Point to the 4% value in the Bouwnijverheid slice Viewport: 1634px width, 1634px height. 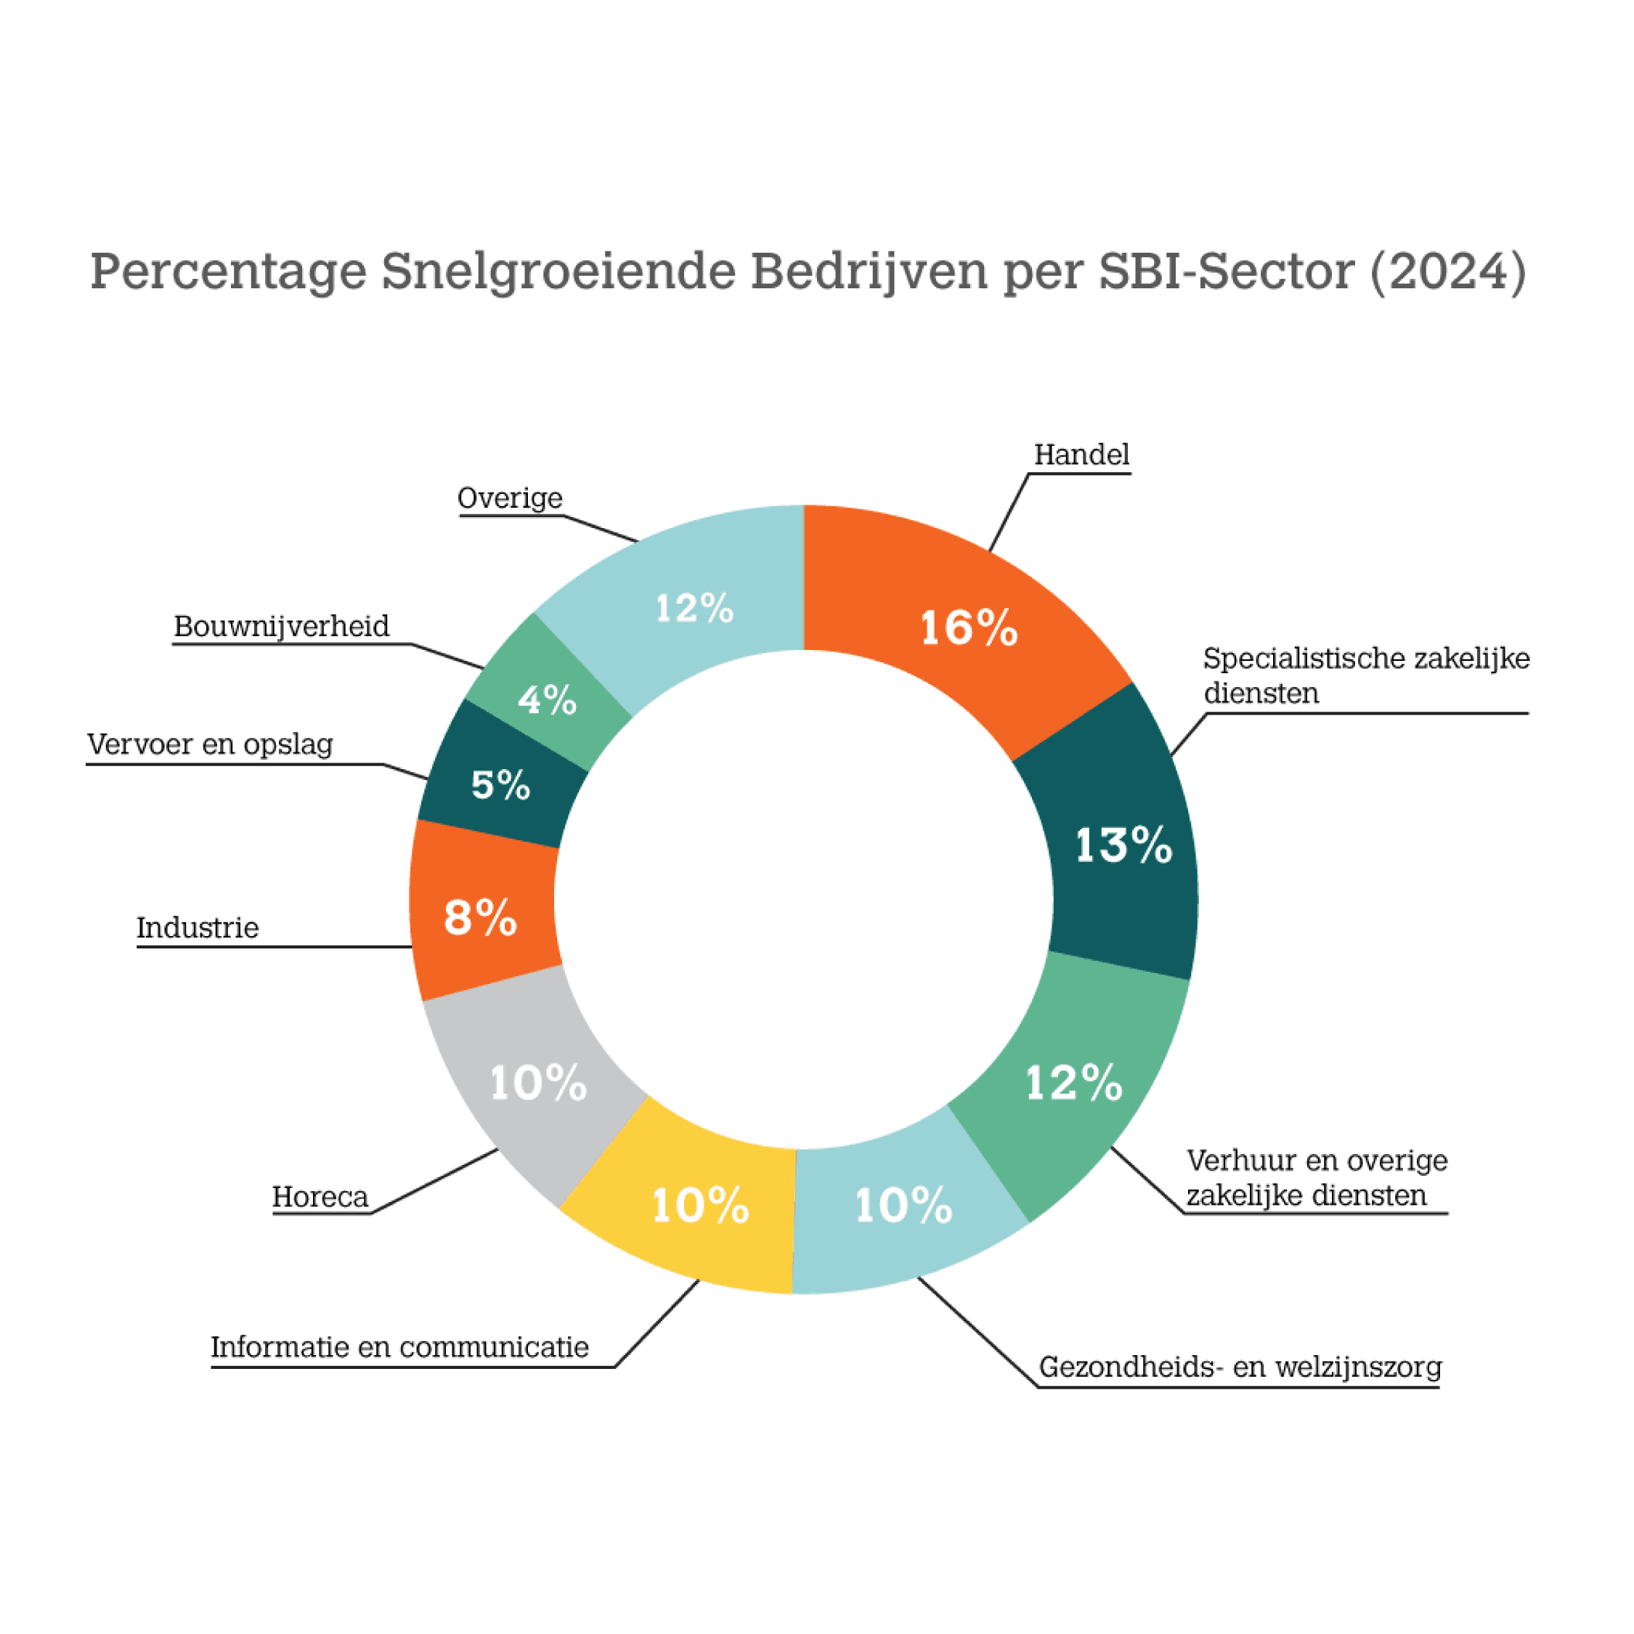click(x=547, y=700)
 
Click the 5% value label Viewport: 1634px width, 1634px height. click(x=500, y=785)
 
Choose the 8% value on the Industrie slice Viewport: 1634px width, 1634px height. click(x=480, y=918)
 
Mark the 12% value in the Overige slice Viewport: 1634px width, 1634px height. click(x=694, y=608)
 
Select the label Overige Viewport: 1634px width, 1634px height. click(x=510, y=498)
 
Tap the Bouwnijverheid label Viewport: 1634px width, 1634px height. click(x=282, y=627)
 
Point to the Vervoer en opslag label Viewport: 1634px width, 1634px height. click(x=210, y=744)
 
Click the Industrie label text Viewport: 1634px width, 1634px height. click(x=197, y=928)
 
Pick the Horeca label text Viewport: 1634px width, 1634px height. click(x=320, y=1197)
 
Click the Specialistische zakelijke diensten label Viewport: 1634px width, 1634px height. click(x=1366, y=676)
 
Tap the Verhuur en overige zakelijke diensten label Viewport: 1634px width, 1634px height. click(x=1316, y=1177)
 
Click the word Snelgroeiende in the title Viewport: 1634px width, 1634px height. click(x=558, y=272)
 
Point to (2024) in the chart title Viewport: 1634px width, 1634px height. click(x=1448, y=272)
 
